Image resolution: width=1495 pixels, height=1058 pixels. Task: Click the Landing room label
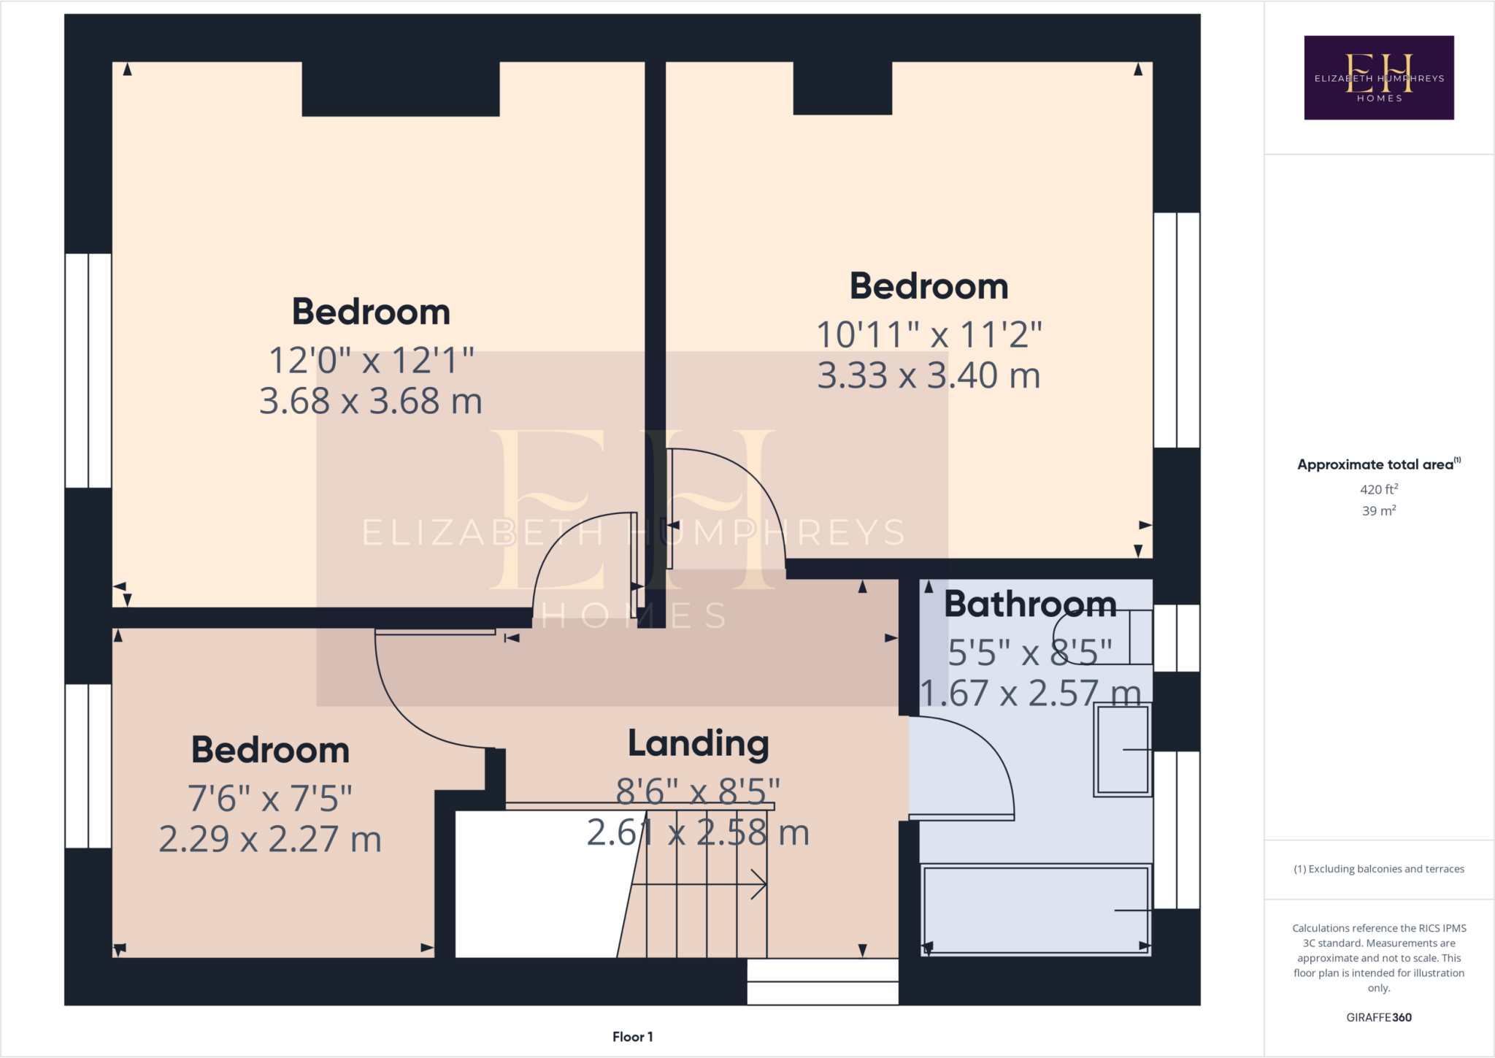(699, 744)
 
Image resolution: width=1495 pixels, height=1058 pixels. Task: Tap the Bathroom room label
(1030, 605)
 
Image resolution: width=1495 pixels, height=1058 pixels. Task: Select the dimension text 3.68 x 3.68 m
(371, 401)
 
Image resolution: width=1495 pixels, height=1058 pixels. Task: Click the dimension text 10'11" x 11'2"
(929, 335)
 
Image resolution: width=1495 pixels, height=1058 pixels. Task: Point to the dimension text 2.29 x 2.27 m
(270, 839)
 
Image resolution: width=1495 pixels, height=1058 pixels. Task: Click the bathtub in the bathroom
(1035, 910)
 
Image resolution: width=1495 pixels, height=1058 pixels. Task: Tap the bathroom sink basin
(1122, 750)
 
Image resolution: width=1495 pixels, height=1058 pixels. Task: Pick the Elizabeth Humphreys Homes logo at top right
(1378, 77)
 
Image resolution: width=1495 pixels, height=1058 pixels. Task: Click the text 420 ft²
(1378, 489)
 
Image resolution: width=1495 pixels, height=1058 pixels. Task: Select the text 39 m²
(1378, 510)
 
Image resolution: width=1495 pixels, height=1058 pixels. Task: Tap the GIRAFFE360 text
(1378, 1017)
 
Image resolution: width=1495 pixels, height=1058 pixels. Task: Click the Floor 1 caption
(632, 1037)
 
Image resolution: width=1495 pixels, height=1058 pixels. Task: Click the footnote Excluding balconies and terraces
(1378, 869)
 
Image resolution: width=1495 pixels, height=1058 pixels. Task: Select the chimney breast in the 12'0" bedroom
(400, 89)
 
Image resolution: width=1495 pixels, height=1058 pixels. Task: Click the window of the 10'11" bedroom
(1176, 330)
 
